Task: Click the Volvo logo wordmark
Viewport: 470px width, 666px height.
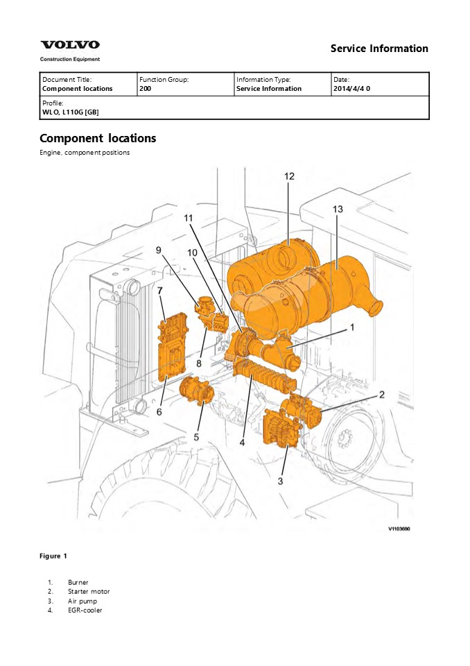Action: tap(69, 45)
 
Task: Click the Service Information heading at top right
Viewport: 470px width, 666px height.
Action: tap(379, 49)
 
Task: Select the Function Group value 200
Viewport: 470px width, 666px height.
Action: tap(144, 89)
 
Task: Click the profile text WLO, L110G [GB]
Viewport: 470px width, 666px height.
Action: tap(70, 111)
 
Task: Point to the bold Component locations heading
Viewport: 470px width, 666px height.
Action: tap(98, 138)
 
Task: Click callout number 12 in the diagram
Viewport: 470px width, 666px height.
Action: tap(289, 177)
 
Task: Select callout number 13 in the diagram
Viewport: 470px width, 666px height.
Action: tap(338, 209)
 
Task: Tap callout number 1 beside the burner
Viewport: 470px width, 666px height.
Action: tap(351, 327)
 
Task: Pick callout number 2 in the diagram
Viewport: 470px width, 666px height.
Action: tap(381, 395)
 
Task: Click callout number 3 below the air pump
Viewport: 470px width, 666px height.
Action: tap(281, 480)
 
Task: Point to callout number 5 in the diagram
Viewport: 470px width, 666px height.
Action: tap(196, 437)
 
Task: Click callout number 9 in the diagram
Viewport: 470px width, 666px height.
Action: tap(158, 250)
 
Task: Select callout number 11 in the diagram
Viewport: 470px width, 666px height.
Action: tap(189, 217)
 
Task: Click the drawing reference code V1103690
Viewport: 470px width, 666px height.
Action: tap(399, 529)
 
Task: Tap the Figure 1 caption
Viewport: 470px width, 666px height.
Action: tap(53, 556)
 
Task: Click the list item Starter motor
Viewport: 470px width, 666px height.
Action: tap(89, 592)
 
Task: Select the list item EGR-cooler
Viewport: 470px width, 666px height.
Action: tap(85, 610)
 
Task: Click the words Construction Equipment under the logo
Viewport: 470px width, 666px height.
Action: tap(69, 59)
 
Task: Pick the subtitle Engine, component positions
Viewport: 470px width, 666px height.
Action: tap(85, 153)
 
